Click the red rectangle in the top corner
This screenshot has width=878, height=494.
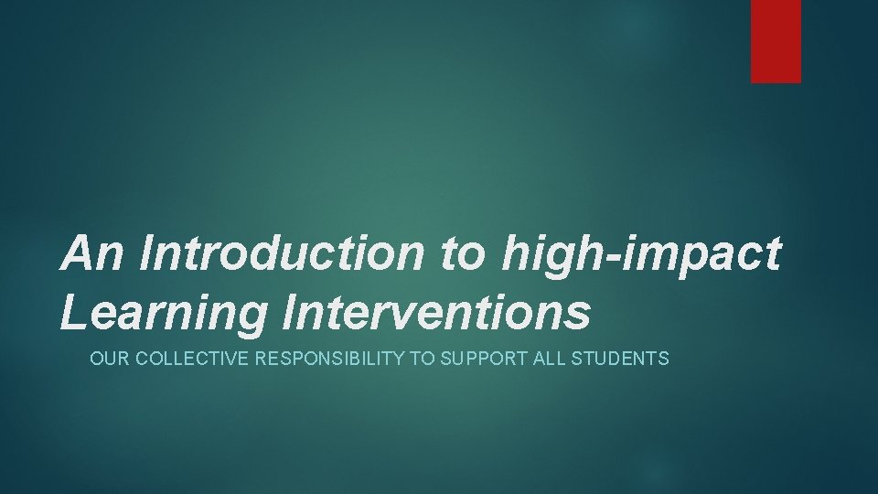(x=776, y=41)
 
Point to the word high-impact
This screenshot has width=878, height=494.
(x=640, y=253)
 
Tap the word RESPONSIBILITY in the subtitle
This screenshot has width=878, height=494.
(x=330, y=359)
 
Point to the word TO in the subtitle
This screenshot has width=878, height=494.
(x=422, y=359)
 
